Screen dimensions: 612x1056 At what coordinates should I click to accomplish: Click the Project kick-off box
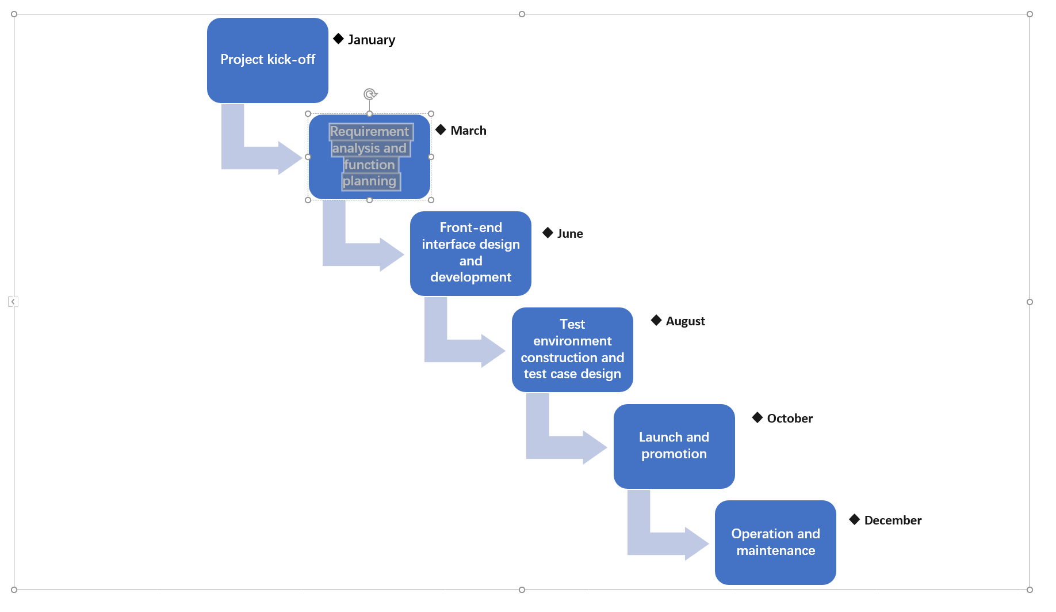(x=267, y=60)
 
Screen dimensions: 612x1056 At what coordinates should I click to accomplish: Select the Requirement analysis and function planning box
(x=369, y=157)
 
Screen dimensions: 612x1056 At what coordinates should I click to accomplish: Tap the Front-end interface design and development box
(x=470, y=253)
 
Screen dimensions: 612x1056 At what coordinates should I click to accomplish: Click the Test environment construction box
(x=572, y=349)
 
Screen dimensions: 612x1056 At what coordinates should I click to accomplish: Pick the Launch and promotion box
(x=674, y=446)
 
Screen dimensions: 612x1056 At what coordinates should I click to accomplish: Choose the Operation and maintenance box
(x=775, y=542)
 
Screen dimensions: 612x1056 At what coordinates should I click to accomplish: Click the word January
(x=372, y=40)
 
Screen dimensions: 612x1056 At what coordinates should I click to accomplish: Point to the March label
(x=468, y=131)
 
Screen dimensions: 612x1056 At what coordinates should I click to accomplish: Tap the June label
(x=570, y=234)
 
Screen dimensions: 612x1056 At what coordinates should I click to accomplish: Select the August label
(x=685, y=321)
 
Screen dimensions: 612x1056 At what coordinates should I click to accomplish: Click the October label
(x=790, y=419)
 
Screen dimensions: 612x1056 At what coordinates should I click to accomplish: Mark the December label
(x=893, y=520)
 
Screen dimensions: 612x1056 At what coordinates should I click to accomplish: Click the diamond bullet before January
(x=338, y=39)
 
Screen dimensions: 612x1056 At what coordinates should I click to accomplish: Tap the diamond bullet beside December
(x=855, y=519)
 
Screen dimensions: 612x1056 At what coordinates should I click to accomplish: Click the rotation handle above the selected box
(x=370, y=94)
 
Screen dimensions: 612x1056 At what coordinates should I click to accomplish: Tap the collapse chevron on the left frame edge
(x=13, y=302)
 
